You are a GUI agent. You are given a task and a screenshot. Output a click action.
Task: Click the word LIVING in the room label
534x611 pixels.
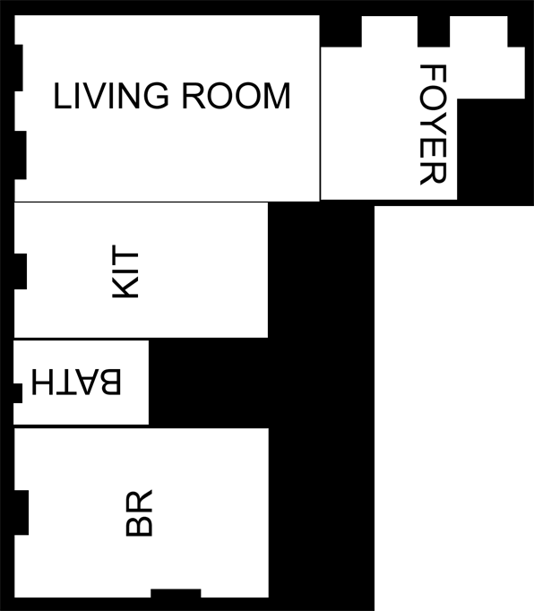click(x=111, y=96)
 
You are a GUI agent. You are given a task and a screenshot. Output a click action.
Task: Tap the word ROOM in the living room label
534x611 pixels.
click(x=237, y=96)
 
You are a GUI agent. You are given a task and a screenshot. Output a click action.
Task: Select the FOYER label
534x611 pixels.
click(x=433, y=125)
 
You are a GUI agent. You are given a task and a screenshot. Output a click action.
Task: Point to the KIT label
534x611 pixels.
click(x=125, y=271)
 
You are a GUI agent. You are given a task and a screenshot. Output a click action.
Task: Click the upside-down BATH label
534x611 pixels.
click(x=76, y=382)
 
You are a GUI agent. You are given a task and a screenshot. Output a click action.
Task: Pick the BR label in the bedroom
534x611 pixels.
click(x=139, y=512)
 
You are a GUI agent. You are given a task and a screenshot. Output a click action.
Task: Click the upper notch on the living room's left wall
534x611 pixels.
click(x=18, y=68)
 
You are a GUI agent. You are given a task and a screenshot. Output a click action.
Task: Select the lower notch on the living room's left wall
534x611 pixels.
click(x=21, y=155)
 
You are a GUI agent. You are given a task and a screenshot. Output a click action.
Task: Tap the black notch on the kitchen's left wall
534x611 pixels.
click(x=21, y=271)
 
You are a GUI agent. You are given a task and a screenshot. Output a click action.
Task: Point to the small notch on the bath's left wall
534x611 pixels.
click(x=18, y=393)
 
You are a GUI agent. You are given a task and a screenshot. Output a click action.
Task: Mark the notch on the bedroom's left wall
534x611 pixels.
click(x=22, y=512)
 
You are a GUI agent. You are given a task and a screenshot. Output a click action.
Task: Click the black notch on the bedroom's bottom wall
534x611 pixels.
click(x=176, y=593)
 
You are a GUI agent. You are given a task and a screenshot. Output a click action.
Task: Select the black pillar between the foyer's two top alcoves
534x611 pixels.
click(x=434, y=31)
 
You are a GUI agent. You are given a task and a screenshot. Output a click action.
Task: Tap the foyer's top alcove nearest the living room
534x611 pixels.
click(x=390, y=31)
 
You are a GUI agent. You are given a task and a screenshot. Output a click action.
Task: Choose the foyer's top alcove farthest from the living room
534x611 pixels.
click(x=478, y=31)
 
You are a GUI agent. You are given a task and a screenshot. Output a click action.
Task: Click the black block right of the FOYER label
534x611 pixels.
click(x=495, y=152)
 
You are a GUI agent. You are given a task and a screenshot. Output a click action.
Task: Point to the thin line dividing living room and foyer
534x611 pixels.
click(x=320, y=123)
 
